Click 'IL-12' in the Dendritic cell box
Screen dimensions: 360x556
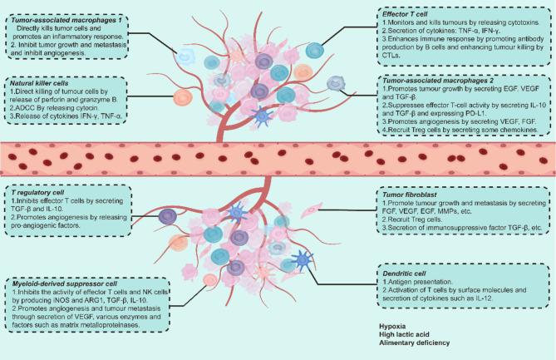pos(499,299)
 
